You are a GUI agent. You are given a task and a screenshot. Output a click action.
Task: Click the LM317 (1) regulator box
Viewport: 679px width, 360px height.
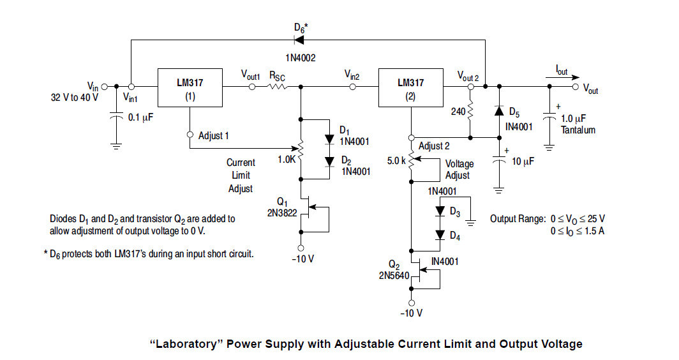click(190, 87)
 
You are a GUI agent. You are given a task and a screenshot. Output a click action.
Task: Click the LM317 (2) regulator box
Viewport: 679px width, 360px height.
click(410, 87)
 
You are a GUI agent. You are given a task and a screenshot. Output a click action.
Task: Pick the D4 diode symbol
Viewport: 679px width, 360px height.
click(439, 234)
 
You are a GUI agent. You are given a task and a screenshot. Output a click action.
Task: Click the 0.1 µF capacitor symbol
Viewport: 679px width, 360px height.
click(116, 118)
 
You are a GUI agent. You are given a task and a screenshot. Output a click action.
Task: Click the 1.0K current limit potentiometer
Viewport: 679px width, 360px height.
click(301, 149)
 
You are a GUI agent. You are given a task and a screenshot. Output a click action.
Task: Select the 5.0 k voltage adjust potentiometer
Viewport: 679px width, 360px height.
click(412, 163)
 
